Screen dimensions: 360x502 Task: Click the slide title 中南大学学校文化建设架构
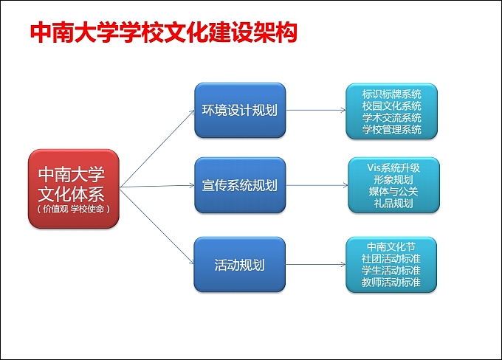pyautogui.click(x=163, y=32)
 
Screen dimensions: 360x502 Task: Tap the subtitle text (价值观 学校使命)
pyautogui.click(x=73, y=209)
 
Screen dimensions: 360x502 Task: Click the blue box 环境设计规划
pyautogui.click(x=239, y=111)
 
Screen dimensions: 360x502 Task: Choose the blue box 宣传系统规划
pyautogui.click(x=239, y=184)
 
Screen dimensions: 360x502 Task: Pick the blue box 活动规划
pyautogui.click(x=239, y=264)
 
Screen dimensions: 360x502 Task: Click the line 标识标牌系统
pyautogui.click(x=392, y=94)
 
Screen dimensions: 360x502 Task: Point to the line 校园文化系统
pyautogui.click(x=392, y=106)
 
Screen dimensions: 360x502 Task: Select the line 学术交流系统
pyautogui.click(x=392, y=118)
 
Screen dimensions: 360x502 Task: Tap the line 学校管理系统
pyautogui.click(x=392, y=130)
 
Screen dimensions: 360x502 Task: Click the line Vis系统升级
pyautogui.click(x=393, y=167)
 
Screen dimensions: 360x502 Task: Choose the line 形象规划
pyautogui.click(x=393, y=179)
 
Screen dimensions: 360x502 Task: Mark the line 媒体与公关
pyautogui.click(x=393, y=191)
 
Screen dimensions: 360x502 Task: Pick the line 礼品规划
pyautogui.click(x=393, y=203)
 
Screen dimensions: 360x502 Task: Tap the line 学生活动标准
pyautogui.click(x=391, y=271)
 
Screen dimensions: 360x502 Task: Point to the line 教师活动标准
pyautogui.click(x=391, y=283)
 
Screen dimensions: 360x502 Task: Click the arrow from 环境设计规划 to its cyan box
pyautogui.click(x=315, y=111)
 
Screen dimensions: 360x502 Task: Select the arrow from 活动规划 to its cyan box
pyautogui.click(x=315, y=264)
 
